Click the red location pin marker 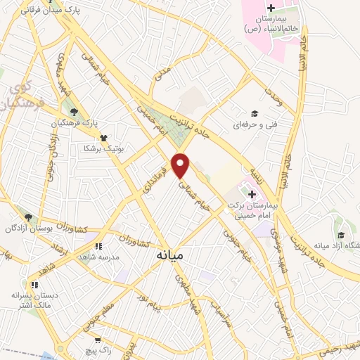coord(181,165)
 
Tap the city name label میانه coord(169,257)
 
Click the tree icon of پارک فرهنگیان coord(73,111)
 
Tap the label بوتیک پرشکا coord(103,148)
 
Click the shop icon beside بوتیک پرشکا coord(103,138)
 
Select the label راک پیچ coord(96,349)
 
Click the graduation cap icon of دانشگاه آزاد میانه coord(340,235)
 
